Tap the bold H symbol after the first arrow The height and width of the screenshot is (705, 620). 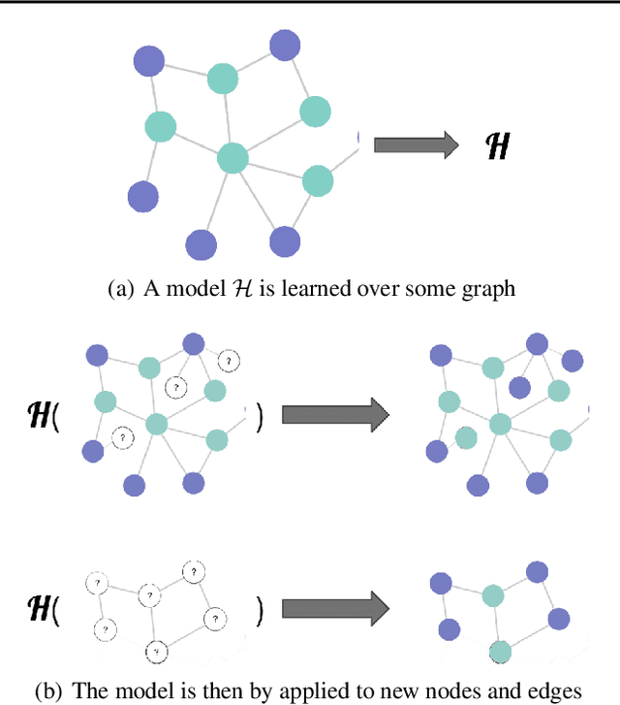point(497,146)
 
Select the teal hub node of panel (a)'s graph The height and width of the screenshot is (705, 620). point(232,157)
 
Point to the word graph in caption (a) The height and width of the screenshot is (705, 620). point(490,290)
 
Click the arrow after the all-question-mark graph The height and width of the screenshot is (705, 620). point(335,609)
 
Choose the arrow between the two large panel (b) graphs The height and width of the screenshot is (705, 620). point(335,415)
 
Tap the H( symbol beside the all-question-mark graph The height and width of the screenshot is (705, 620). point(43,609)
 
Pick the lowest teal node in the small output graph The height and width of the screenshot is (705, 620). point(500,652)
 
